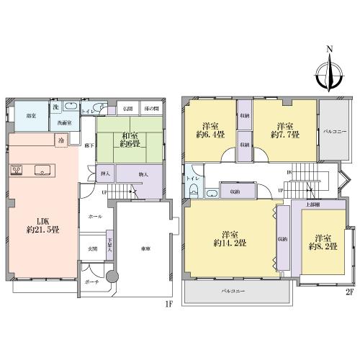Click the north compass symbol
coord(330,75)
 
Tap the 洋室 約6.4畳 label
coord(210,129)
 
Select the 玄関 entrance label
coord(91,248)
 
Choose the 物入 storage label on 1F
coord(143,174)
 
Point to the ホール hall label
coord(94,216)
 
